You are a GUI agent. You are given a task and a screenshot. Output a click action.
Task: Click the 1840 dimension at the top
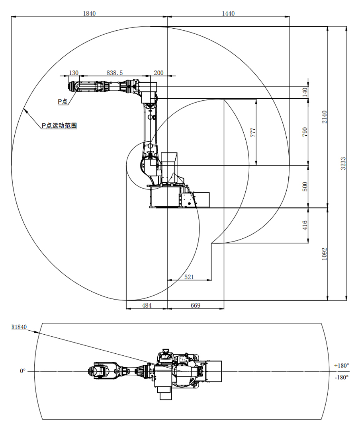tap(89, 13)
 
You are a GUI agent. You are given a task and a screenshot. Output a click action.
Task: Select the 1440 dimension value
tap(228, 13)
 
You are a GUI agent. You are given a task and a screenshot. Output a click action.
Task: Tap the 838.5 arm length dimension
tap(115, 73)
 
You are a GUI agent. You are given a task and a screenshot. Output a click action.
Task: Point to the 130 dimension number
tap(74, 73)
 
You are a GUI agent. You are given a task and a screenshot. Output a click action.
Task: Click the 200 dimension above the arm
tap(158, 73)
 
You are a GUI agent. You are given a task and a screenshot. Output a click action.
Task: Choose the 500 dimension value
tap(305, 186)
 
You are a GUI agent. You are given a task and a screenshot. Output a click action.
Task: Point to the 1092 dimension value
tap(324, 254)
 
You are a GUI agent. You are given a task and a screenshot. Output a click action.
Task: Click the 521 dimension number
tap(190, 277)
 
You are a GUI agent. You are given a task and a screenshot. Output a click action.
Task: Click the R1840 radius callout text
tap(19, 327)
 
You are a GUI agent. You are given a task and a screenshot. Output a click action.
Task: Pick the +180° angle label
tap(342, 365)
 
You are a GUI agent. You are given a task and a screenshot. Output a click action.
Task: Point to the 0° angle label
tap(23, 371)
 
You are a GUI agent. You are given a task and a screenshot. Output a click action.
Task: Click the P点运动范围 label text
tap(59, 126)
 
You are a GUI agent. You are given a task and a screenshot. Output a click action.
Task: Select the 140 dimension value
tap(305, 92)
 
